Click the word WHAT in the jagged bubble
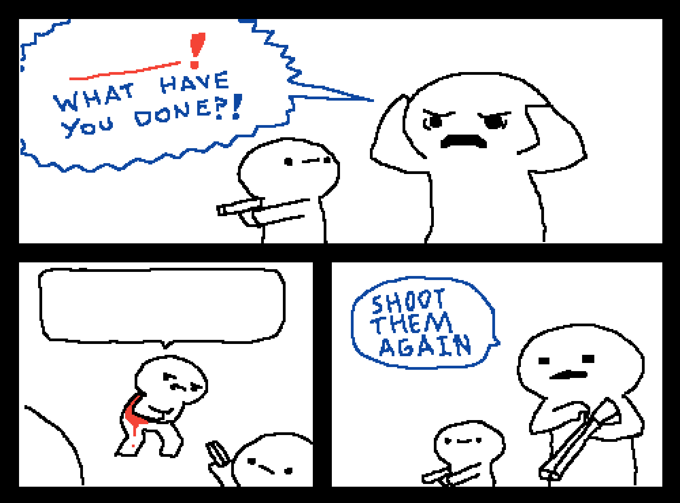[94, 97]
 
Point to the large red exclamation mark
[196, 50]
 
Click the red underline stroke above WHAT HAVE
[125, 71]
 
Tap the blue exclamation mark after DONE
[237, 106]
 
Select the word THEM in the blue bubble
[412, 323]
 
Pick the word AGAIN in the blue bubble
[426, 345]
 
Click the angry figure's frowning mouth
[463, 141]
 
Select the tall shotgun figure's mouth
[568, 375]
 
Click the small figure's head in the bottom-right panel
[469, 443]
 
